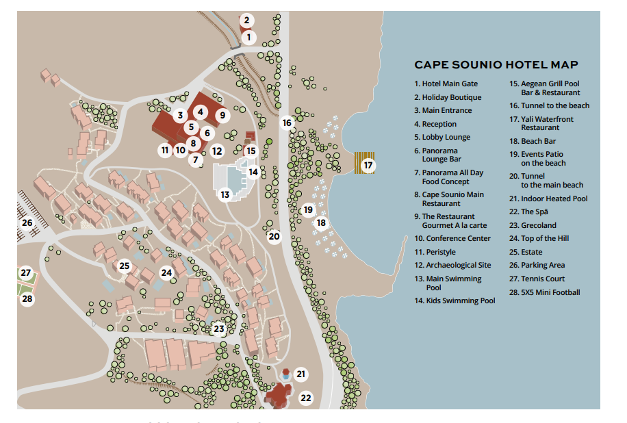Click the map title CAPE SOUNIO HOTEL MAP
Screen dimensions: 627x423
tap(496, 65)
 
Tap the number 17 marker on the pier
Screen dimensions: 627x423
tap(368, 165)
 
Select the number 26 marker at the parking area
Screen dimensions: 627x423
tap(27, 222)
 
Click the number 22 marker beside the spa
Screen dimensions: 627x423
tap(306, 398)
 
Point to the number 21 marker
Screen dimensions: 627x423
tap(300, 374)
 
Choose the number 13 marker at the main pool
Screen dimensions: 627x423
tap(225, 194)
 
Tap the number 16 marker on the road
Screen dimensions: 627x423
tap(287, 123)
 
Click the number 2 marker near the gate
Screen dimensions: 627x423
tap(246, 20)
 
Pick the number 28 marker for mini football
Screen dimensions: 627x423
tap(27, 298)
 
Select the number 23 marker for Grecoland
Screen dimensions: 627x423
tap(219, 329)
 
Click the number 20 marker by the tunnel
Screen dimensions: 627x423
tap(274, 236)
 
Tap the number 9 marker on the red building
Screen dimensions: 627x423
tap(222, 116)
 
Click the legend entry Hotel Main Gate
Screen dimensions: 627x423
tap(446, 84)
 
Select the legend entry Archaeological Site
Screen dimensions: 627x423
tap(452, 265)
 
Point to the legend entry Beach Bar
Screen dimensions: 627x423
tap(533, 141)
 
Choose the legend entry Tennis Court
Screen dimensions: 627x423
tap(537, 279)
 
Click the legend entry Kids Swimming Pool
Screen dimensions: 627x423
tap(455, 300)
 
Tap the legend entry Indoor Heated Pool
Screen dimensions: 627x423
tap(549, 198)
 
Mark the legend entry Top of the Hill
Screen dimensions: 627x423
tap(539, 239)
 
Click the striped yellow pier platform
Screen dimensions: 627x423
tap(364, 163)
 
